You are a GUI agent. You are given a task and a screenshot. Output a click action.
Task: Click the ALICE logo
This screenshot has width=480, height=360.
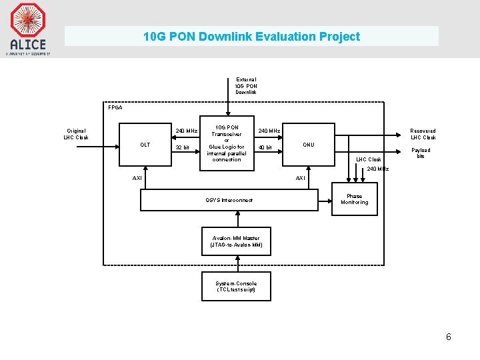tap(28, 28)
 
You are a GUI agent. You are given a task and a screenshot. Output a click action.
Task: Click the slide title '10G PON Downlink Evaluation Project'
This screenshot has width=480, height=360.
tap(251, 37)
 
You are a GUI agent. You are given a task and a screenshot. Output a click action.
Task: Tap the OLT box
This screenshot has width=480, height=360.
tap(145, 145)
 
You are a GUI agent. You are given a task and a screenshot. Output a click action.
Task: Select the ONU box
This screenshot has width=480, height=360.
tap(308, 145)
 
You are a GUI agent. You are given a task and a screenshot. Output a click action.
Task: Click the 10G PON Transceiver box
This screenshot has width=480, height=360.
tap(227, 143)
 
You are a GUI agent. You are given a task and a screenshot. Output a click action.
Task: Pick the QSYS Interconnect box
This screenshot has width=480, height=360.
tap(229, 200)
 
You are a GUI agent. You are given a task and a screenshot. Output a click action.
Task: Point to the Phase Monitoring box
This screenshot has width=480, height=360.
tap(354, 199)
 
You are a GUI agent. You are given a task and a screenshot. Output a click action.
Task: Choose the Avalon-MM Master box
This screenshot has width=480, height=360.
tap(237, 241)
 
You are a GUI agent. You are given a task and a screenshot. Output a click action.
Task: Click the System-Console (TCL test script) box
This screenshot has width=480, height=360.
tap(236, 287)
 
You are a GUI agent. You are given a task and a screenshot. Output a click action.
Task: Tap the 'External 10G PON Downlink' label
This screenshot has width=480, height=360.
tap(246, 86)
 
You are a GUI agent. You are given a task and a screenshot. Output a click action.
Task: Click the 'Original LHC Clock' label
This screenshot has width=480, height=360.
tap(76, 134)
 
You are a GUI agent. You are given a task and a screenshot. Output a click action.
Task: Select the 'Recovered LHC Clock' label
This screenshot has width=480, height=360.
tap(423, 134)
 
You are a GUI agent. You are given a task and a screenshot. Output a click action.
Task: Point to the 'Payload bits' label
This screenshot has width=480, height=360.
tap(421, 153)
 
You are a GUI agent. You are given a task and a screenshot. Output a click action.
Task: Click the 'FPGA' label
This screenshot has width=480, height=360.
tap(115, 107)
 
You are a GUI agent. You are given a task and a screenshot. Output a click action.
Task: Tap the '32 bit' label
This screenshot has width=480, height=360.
tap(182, 147)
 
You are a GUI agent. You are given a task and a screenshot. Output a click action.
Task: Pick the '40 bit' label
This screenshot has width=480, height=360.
tap(265, 147)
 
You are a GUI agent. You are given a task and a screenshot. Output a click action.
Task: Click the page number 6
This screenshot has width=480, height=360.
tap(449, 337)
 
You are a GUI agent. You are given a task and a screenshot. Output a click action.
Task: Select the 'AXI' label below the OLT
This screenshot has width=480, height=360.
tap(137, 178)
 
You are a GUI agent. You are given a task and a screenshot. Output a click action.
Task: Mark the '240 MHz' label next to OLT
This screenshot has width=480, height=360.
tap(186, 131)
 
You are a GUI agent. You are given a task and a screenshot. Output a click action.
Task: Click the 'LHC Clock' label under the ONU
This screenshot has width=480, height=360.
tap(369, 159)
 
